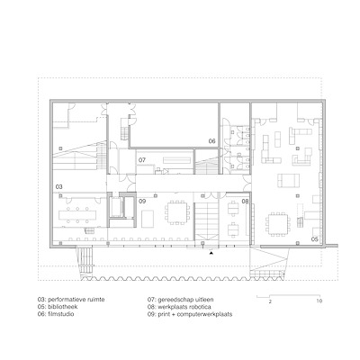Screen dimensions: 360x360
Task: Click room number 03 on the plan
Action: click(59, 187)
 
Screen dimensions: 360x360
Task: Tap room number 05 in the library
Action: click(314, 239)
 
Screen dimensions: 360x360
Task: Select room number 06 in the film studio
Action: click(212, 141)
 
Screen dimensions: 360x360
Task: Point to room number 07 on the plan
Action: click(142, 160)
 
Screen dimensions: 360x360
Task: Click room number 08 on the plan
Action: click(245, 202)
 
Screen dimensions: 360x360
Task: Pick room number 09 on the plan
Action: click(142, 201)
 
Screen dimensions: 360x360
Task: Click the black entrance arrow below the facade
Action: click(211, 253)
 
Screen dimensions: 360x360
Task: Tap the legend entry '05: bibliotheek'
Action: click(58, 307)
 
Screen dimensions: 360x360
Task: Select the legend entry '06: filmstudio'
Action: click(56, 314)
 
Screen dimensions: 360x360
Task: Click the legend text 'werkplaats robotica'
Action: click(184, 307)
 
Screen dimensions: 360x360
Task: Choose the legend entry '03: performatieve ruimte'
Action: click(71, 300)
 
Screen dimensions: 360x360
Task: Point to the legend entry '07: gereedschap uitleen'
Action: click(181, 300)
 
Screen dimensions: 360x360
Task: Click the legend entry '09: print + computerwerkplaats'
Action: click(190, 314)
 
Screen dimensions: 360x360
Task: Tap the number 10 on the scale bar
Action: click(319, 301)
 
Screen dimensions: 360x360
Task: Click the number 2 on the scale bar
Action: click(270, 301)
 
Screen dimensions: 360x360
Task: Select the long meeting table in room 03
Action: click(77, 215)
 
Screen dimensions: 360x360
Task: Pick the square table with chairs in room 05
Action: click(277, 223)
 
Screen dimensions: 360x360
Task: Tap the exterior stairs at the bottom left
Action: click(86, 262)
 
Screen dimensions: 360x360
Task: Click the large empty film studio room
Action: click(175, 125)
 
